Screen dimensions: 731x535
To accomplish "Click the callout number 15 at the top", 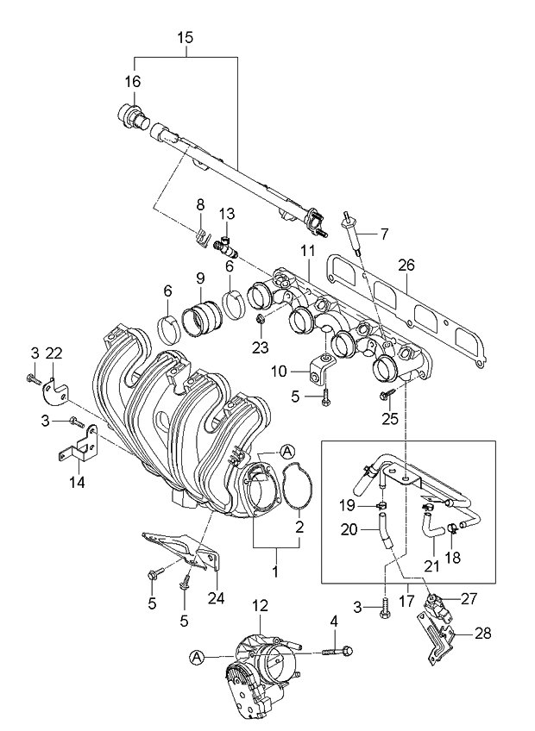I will pyautogui.click(x=186, y=38).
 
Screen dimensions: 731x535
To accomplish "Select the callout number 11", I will pyautogui.click(x=306, y=250).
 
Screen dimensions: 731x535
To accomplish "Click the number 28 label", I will pyautogui.click(x=483, y=634).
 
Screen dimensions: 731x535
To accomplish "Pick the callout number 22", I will pyautogui.click(x=54, y=353).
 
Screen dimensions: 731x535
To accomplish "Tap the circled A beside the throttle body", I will pyautogui.click(x=198, y=657).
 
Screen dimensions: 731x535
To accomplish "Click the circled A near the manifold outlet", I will pyautogui.click(x=287, y=452).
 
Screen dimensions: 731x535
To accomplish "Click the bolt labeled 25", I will pyautogui.click(x=386, y=395).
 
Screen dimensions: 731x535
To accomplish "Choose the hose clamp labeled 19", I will pyautogui.click(x=380, y=505).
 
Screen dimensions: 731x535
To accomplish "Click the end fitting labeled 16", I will pyautogui.click(x=132, y=116).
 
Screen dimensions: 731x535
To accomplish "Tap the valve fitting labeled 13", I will pyautogui.click(x=227, y=246).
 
